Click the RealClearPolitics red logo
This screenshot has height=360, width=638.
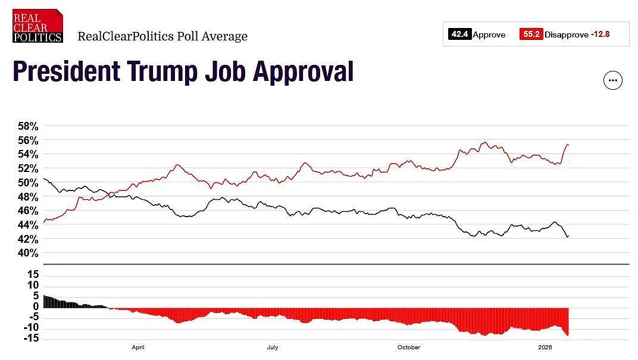coord(37,26)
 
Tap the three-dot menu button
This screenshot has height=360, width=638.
coord(613,80)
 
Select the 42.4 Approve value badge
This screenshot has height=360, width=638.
coord(459,34)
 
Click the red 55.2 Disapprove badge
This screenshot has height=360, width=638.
coord(531,34)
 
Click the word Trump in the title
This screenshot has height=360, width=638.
coord(162,71)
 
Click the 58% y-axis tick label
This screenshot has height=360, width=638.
coord(28,126)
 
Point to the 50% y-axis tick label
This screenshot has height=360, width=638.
coord(28,183)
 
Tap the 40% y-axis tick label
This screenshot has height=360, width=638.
coord(28,253)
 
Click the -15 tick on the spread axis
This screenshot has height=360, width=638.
coord(31,338)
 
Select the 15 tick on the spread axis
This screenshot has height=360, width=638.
coord(33,274)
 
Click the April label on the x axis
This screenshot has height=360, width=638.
coord(138,348)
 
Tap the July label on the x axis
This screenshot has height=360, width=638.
coord(273,348)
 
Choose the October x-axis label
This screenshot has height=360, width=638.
coord(409,348)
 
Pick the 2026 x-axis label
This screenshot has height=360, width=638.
coord(545,348)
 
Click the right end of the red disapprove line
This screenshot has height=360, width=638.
coord(568,145)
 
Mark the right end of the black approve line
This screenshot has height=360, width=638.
coord(568,236)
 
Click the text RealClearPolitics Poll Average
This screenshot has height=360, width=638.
coord(162,36)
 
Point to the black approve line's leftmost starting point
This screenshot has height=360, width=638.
coord(43,178)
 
